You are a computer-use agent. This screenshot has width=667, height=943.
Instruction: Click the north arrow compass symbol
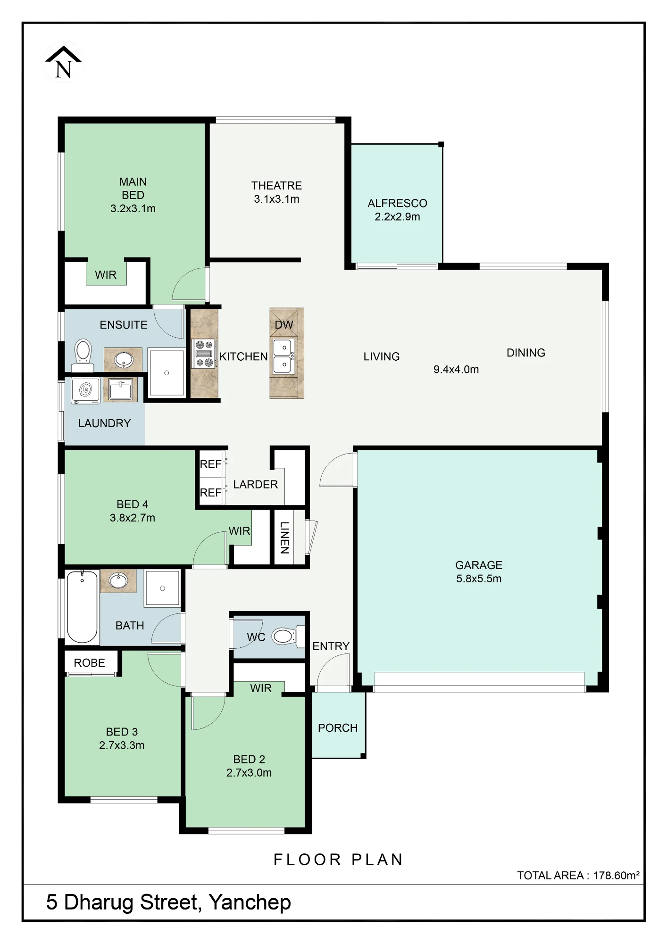63,63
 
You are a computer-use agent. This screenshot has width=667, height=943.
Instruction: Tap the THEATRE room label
276,185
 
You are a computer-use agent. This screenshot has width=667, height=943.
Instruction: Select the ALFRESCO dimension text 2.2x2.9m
397,217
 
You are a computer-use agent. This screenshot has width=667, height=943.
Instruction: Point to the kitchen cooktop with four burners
204,354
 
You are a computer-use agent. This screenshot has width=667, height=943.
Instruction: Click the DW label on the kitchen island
284,325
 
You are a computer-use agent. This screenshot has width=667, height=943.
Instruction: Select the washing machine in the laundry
85,390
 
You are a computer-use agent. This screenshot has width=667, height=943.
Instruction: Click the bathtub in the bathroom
82,607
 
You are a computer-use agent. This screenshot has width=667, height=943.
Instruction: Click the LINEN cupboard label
284,538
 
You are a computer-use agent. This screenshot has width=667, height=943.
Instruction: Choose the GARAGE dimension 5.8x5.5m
479,579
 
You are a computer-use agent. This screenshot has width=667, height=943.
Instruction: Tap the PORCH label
338,728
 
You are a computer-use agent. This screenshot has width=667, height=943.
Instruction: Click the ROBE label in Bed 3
90,663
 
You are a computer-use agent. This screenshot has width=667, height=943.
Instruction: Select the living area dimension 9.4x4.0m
456,370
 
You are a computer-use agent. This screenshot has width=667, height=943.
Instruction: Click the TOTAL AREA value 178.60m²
616,876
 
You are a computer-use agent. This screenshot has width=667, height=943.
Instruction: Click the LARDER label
256,485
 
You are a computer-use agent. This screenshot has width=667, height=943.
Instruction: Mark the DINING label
526,353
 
